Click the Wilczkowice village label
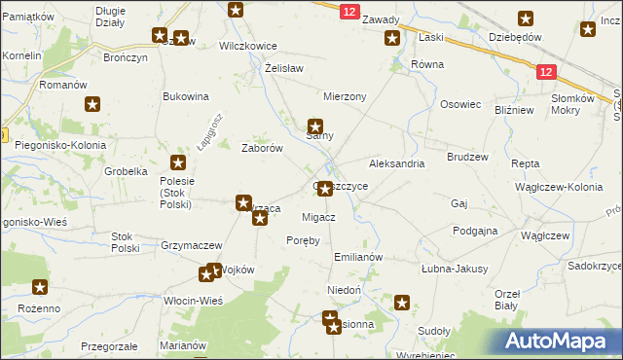pos(248,46)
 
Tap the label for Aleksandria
pos(396,163)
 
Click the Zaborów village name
pos(262,149)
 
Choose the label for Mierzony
pos(345,96)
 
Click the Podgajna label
pos(475,231)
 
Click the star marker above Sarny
pos(315,126)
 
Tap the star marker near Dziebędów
pos(526,18)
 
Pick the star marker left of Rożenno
pos(40,287)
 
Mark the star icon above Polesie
pos(178,162)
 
